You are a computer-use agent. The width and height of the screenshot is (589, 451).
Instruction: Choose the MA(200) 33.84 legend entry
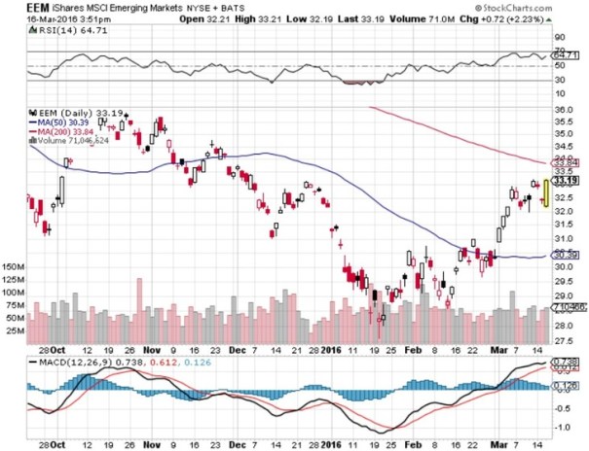point(75,132)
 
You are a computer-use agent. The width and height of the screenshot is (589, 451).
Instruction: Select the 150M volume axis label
point(14,265)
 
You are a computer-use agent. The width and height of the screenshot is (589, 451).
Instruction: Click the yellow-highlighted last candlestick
point(546,191)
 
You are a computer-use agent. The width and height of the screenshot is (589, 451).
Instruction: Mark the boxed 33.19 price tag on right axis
point(566,181)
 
